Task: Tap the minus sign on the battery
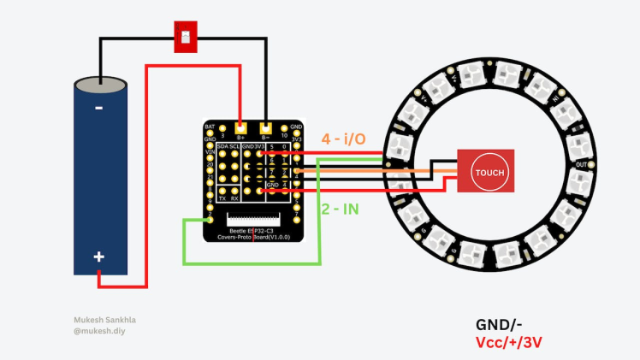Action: [98, 108]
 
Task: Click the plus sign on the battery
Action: [99, 257]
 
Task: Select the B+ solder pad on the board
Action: [240, 127]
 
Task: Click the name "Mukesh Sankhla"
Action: [104, 321]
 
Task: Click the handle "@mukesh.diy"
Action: [99, 331]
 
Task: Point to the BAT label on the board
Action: [210, 127]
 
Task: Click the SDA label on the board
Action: [222, 147]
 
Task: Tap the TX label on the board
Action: [222, 198]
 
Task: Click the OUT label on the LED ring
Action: [582, 164]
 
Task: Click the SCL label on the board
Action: [234, 147]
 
